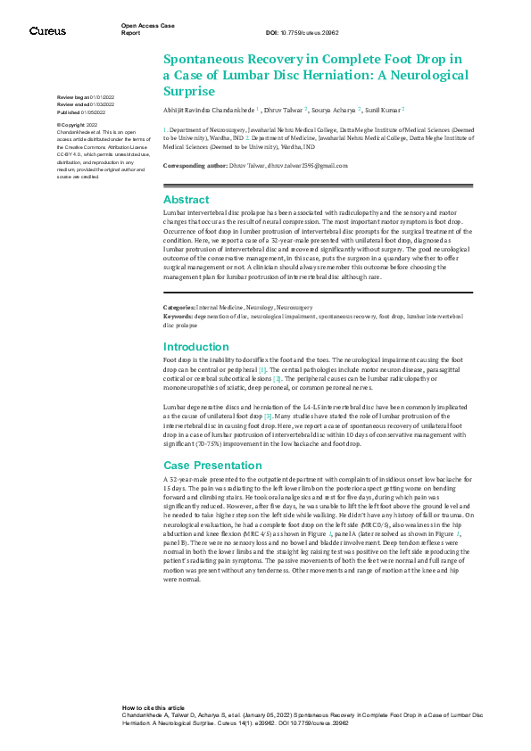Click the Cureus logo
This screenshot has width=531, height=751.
47,31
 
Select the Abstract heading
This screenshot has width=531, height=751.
186,200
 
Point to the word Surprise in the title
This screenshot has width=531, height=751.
189,91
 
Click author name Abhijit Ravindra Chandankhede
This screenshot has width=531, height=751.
208,110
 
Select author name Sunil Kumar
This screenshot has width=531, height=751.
383,110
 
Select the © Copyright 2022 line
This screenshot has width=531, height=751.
79,125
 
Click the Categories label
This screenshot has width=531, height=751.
180,282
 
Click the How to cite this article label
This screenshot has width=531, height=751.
153,706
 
